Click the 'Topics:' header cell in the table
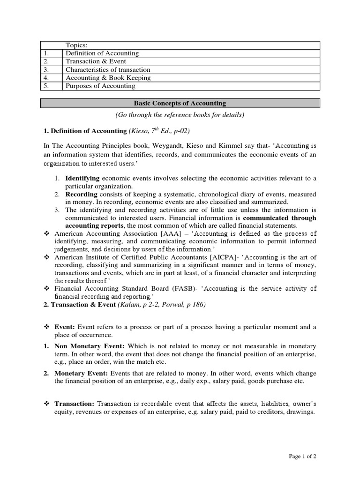[76, 45]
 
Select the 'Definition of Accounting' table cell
[102, 53]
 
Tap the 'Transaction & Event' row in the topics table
[96, 61]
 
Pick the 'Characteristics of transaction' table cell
[108, 70]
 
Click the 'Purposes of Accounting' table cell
[100, 86]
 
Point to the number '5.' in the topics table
[46, 86]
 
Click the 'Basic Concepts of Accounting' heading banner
[180, 103]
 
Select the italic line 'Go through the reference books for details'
[180, 115]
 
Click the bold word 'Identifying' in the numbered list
[82, 178]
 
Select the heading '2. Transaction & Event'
[80, 305]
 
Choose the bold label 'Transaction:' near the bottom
[75, 404]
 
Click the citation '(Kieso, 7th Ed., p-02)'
[157, 131]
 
